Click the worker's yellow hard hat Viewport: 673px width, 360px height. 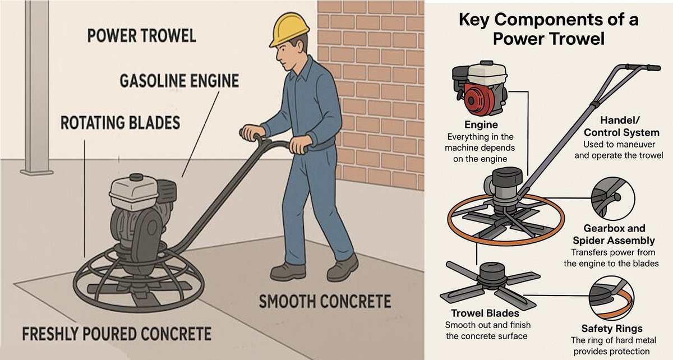tap(288, 30)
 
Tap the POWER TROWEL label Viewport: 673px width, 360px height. tap(142, 36)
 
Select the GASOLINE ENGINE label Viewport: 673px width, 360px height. tap(179, 81)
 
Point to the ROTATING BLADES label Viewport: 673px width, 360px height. tap(120, 123)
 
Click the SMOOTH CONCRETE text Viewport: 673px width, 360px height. tap(325, 302)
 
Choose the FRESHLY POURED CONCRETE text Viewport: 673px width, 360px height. tap(117, 334)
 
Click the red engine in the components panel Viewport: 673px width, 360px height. tap(480, 89)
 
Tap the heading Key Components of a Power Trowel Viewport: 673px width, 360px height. tap(548, 29)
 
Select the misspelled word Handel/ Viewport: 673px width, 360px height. tap(620, 120)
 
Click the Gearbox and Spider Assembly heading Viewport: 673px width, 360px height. tap(614, 234)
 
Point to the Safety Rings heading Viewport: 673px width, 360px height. tap(612, 329)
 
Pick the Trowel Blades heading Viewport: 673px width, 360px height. tap(485, 313)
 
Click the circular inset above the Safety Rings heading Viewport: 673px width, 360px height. tap(611, 298)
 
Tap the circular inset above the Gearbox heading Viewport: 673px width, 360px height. tap(613, 199)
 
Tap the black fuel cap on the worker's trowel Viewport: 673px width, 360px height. tap(136, 177)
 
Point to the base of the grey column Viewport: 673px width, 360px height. tap(36, 172)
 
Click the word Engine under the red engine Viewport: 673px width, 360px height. tap(481, 124)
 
